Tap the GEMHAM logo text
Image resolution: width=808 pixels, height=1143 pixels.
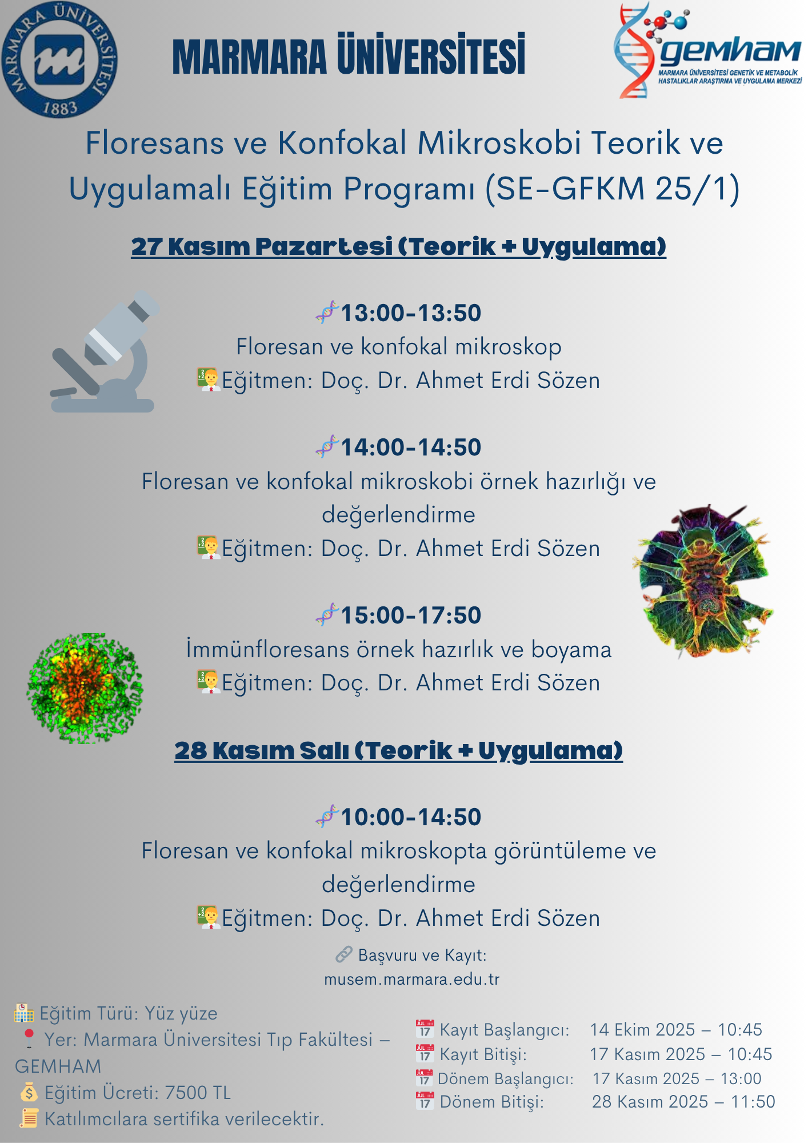pyautogui.click(x=730, y=51)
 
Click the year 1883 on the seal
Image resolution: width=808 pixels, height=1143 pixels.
pyautogui.click(x=59, y=107)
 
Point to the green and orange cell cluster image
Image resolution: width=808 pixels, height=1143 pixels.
pyautogui.click(x=85, y=688)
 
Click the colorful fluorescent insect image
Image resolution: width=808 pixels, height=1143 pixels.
pyautogui.click(x=703, y=580)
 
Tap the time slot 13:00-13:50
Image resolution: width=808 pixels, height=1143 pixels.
pyautogui.click(x=411, y=313)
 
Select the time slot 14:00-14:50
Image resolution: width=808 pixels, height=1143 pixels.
pyautogui.click(x=411, y=447)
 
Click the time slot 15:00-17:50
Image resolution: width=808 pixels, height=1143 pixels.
pyautogui.click(x=411, y=616)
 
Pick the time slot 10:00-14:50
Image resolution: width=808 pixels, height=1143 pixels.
pyautogui.click(x=411, y=817)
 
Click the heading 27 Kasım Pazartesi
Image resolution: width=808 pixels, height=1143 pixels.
pyautogui.click(x=262, y=246)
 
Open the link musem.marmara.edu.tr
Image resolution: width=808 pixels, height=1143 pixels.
pyautogui.click(x=411, y=980)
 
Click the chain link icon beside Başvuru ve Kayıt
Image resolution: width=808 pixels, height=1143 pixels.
pyautogui.click(x=343, y=954)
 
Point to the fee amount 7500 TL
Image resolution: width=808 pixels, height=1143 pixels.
pyautogui.click(x=198, y=1093)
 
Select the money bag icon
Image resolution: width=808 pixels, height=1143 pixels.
pyautogui.click(x=29, y=1092)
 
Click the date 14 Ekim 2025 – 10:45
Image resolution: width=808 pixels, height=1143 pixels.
pyautogui.click(x=676, y=1030)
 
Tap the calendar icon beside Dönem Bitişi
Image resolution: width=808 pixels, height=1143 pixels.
pyautogui.click(x=425, y=1101)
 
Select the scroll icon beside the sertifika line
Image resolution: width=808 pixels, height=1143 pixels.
pyautogui.click(x=29, y=1118)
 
